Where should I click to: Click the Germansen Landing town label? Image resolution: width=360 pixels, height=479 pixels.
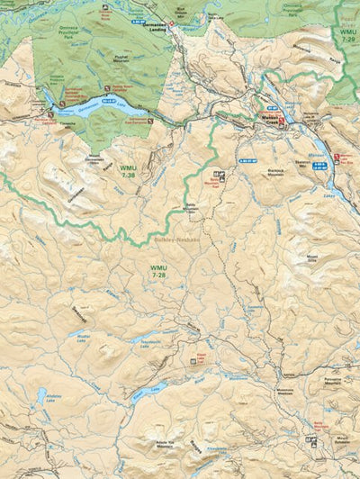click(156, 26)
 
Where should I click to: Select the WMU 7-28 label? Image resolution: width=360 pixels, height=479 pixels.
click(158, 270)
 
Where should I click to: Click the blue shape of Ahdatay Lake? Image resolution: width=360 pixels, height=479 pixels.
click(41, 394)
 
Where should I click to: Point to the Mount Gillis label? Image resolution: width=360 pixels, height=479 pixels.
click(312, 258)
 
